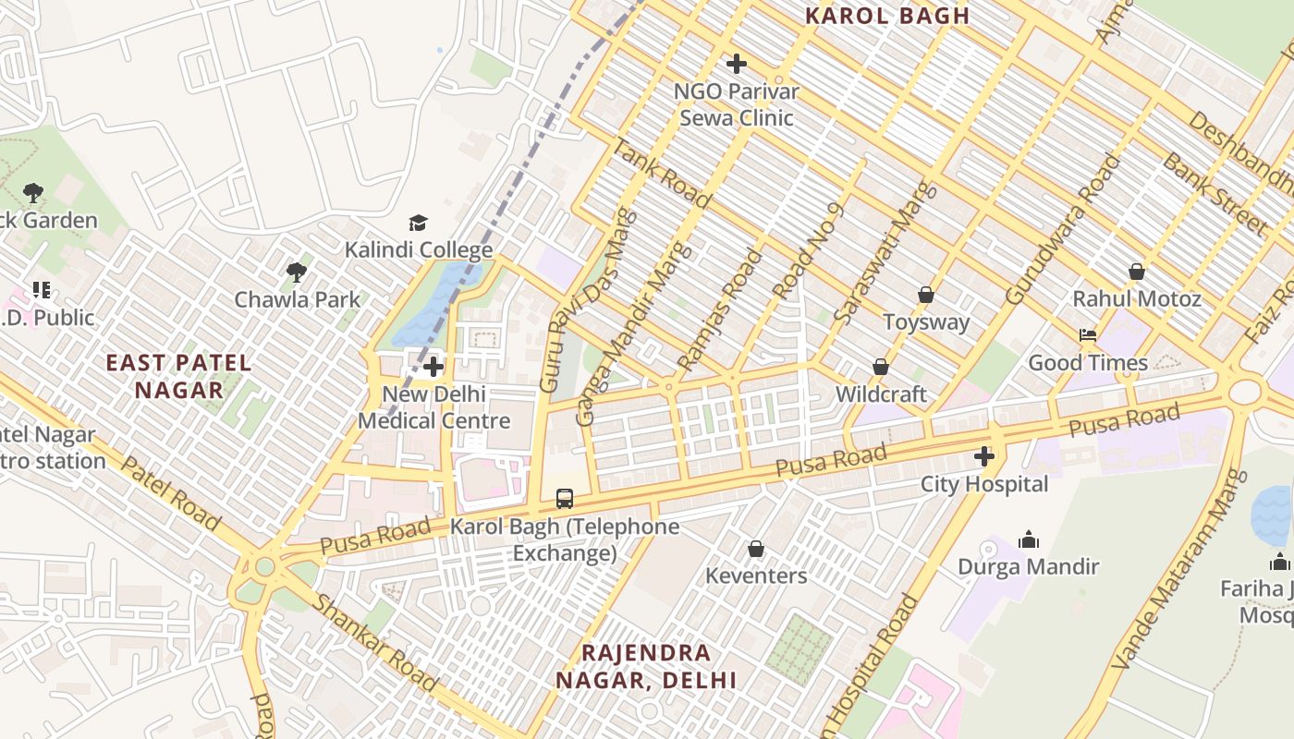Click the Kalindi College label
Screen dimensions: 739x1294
(419, 250)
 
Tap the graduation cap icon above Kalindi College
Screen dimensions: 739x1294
(419, 224)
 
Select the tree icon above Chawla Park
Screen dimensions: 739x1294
(297, 273)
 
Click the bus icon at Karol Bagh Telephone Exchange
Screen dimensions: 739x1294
(564, 499)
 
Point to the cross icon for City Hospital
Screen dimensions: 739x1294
(984, 456)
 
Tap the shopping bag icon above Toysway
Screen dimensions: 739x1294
(926, 295)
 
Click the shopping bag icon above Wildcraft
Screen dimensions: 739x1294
(881, 367)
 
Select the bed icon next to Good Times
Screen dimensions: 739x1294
(1088, 335)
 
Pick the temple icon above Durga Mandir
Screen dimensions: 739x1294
(1028, 539)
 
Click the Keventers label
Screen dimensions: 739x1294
(756, 576)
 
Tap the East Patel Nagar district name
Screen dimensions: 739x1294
(178, 376)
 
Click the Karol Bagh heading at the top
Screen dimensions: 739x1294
(887, 16)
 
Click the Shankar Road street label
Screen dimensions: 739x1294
(375, 643)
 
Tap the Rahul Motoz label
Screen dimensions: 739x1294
(1137, 299)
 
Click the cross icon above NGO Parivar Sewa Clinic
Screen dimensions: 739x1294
(737, 64)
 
